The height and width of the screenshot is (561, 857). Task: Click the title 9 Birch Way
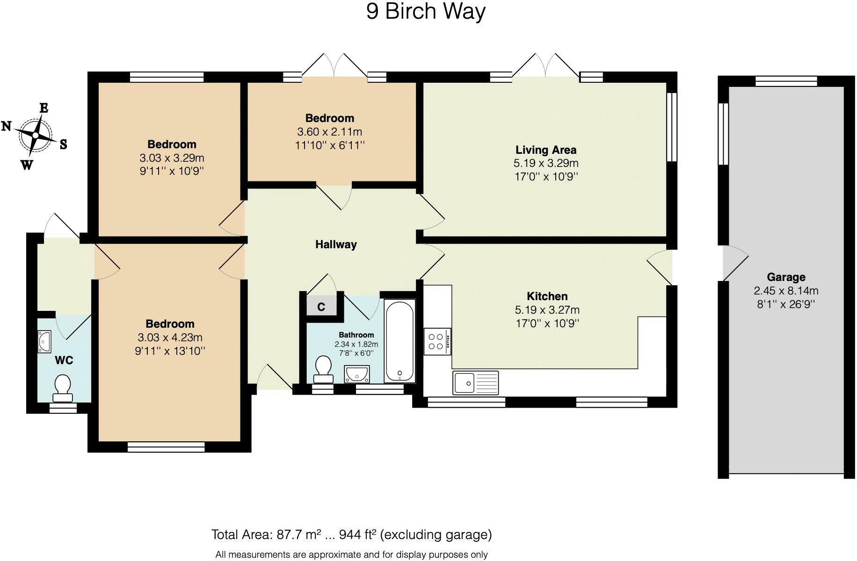(426, 11)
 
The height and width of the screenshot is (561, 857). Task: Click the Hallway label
(335, 245)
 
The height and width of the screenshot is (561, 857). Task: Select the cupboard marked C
(321, 307)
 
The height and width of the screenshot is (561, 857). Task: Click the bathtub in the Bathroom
(399, 340)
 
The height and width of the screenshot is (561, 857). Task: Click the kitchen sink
(475, 383)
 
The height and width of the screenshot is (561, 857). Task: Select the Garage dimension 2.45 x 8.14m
(786, 291)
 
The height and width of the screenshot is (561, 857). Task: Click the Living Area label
(545, 150)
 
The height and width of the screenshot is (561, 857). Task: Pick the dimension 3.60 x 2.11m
(329, 132)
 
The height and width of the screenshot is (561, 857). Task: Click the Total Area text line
(351, 534)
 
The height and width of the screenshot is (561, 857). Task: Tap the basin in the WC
(44, 341)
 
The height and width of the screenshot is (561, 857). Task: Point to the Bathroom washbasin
(357, 374)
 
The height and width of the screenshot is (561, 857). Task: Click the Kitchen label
(547, 296)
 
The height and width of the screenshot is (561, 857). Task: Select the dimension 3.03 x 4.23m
(170, 338)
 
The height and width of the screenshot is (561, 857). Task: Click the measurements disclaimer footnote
(351, 554)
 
